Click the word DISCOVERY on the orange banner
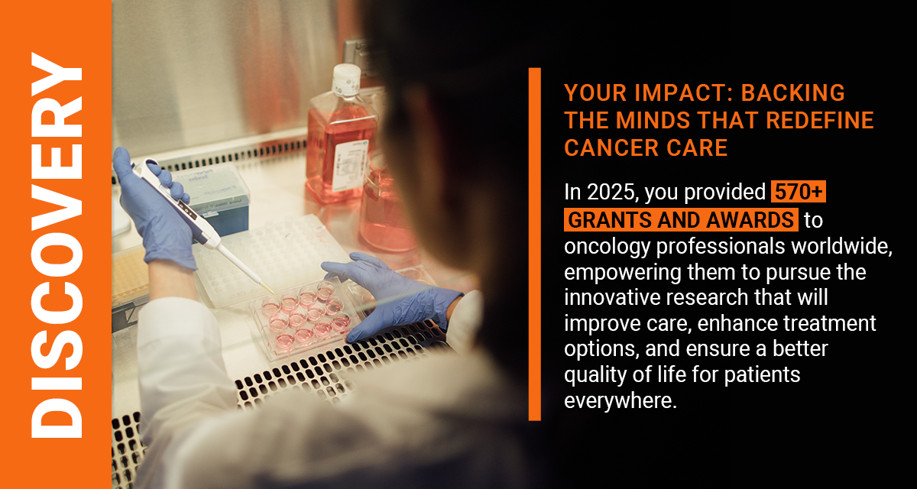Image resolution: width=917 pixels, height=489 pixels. pyautogui.click(x=57, y=245)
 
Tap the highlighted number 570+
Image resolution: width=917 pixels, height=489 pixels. pyautogui.click(x=799, y=192)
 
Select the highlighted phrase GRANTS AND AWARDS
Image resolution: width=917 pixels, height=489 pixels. pyautogui.click(x=681, y=220)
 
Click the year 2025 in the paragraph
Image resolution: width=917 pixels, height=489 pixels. pyautogui.click(x=611, y=192)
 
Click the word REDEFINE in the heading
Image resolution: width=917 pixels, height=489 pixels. pyautogui.click(x=819, y=120)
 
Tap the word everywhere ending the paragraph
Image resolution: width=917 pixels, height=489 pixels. pyautogui.click(x=621, y=400)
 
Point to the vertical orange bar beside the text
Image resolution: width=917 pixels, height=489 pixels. pyautogui.click(x=535, y=244)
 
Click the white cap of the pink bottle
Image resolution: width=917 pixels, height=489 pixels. pyautogui.click(x=346, y=79)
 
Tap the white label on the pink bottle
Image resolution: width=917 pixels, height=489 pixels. pyautogui.click(x=351, y=165)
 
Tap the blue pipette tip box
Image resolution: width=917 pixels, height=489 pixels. pyautogui.click(x=217, y=200)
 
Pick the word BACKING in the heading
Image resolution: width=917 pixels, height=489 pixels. pyautogui.click(x=793, y=93)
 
